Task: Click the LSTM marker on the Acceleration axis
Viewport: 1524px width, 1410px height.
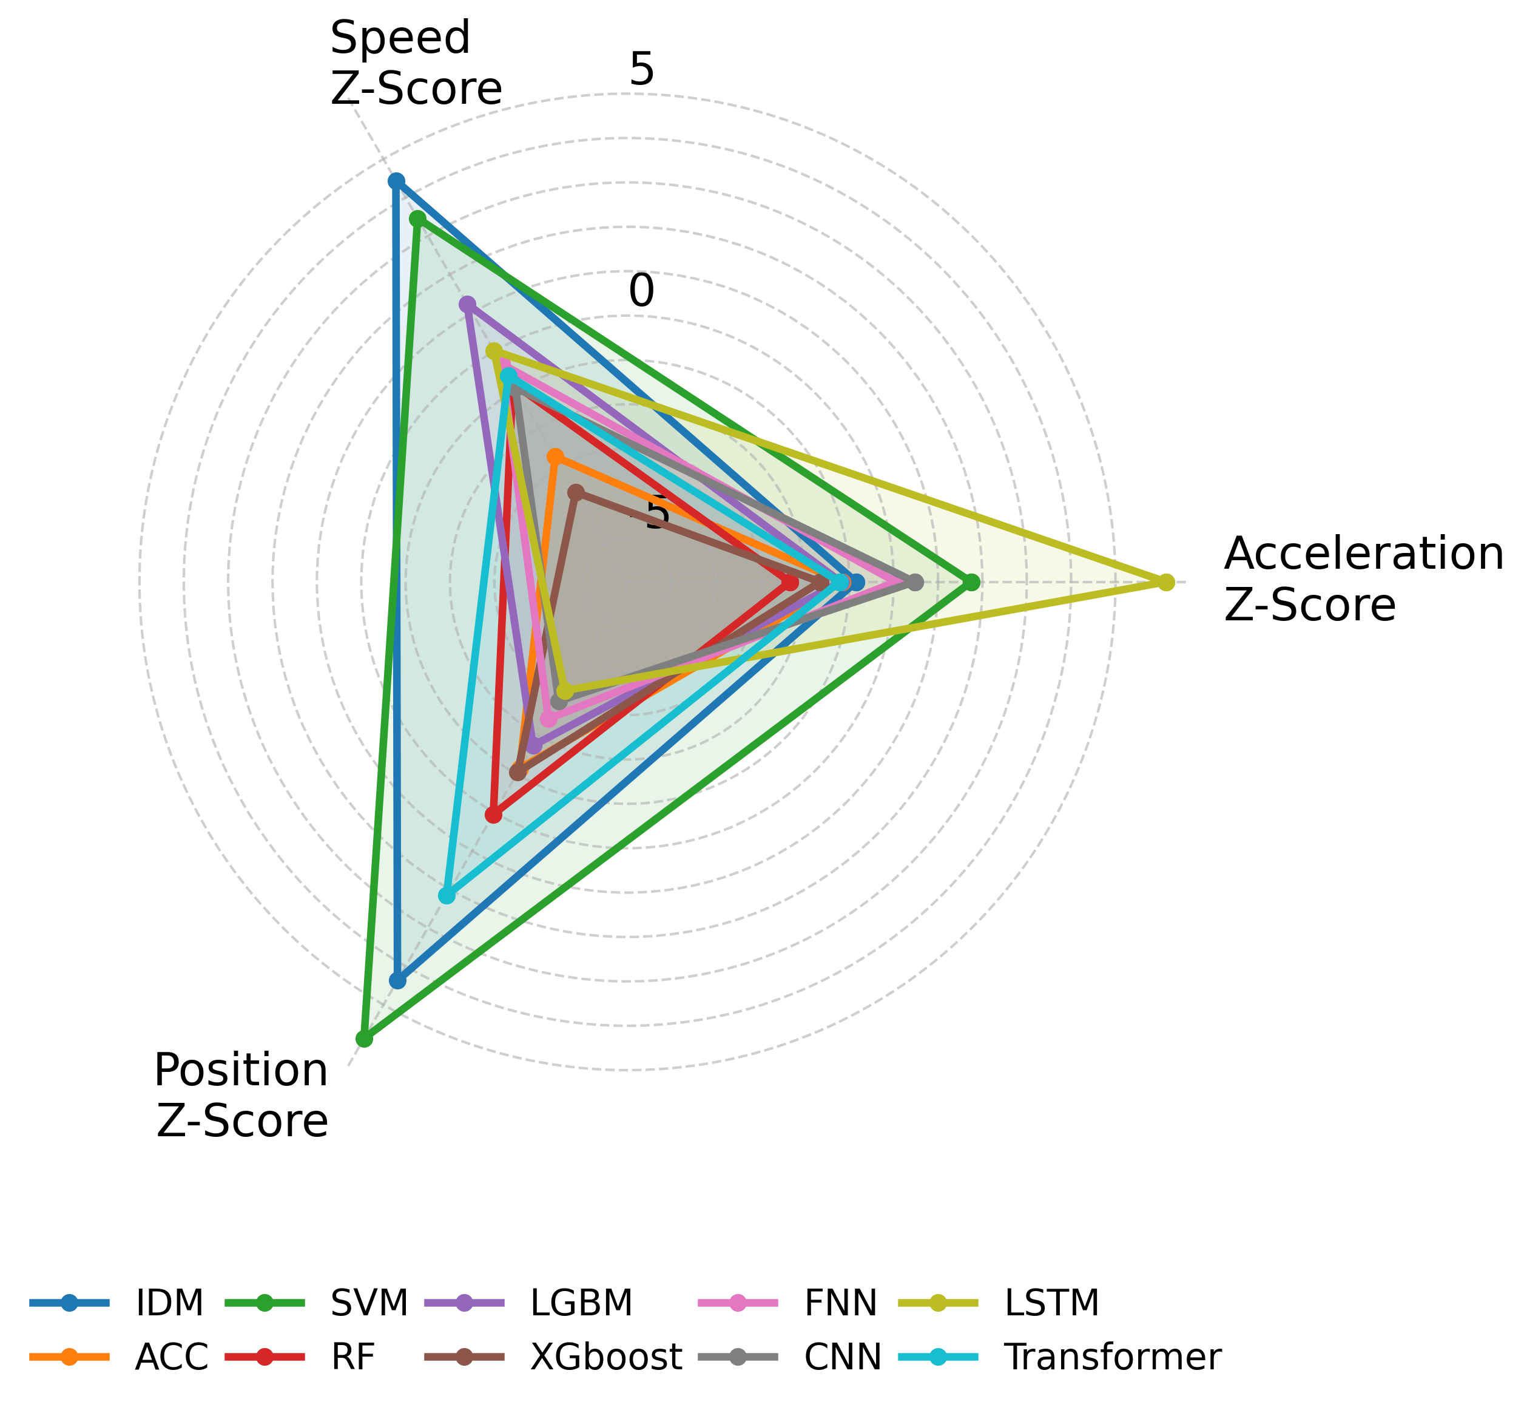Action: tap(1165, 583)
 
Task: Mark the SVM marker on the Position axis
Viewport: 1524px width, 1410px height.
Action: tap(364, 1039)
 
